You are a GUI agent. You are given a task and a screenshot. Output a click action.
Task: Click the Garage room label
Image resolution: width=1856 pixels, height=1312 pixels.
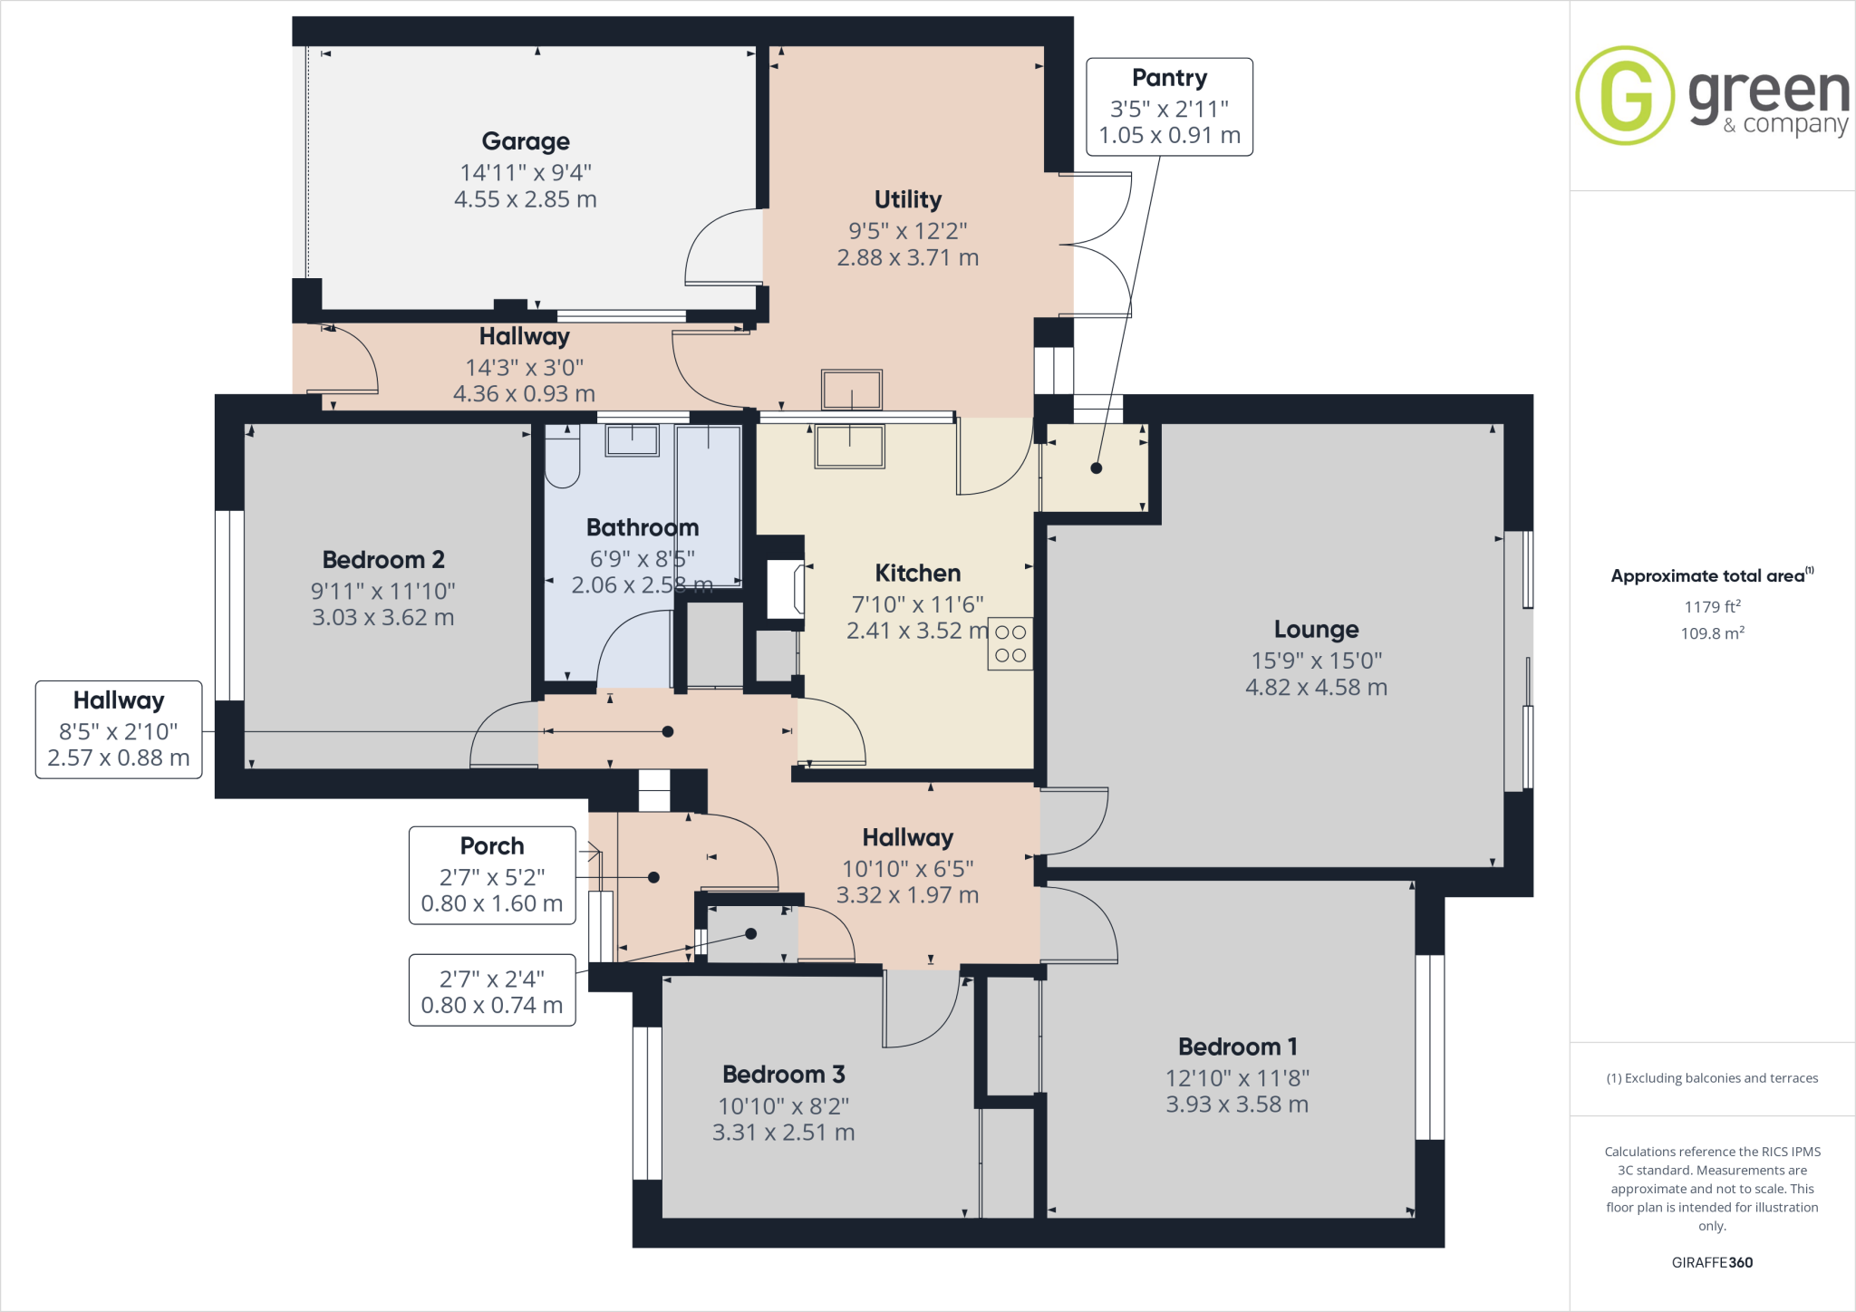coord(526,141)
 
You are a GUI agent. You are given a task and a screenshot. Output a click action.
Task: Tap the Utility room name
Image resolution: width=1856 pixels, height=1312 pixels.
coord(907,199)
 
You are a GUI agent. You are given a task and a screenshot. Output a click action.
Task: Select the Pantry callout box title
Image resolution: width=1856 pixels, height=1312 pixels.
coord(1169,78)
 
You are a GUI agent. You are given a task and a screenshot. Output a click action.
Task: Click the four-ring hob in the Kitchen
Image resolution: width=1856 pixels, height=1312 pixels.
coord(1010,643)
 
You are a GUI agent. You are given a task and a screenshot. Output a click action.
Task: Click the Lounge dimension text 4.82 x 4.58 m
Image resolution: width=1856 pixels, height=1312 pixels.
coord(1316,688)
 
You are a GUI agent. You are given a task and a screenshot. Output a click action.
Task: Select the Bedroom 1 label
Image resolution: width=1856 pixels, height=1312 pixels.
coord(1237,1047)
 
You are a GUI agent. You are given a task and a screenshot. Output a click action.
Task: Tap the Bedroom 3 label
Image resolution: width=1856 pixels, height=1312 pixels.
coord(783,1075)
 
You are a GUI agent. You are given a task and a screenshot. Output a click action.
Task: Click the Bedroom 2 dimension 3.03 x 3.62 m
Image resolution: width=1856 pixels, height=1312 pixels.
coord(382,618)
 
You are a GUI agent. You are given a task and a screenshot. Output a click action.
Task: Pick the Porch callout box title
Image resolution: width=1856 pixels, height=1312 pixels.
coord(491,846)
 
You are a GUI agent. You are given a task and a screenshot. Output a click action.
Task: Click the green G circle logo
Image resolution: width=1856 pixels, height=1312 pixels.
coord(1625,95)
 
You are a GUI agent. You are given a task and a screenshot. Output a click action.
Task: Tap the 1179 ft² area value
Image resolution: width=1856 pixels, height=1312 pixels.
coord(1712,607)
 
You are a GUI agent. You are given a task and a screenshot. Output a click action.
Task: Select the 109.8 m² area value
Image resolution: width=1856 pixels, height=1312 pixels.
coord(1712,633)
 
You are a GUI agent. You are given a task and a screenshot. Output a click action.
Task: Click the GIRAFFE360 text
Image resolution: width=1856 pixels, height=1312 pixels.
coord(1712,1262)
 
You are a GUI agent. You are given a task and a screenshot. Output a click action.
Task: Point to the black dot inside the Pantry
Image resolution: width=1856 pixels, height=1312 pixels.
coord(1096,468)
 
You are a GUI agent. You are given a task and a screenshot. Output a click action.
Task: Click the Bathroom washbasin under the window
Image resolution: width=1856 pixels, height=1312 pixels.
coord(632,441)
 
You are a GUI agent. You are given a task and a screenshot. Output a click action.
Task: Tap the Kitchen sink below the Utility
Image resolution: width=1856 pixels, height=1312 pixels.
coord(849,447)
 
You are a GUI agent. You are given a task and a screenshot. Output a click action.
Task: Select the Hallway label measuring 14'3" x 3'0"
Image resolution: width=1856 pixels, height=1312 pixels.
coord(524,337)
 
